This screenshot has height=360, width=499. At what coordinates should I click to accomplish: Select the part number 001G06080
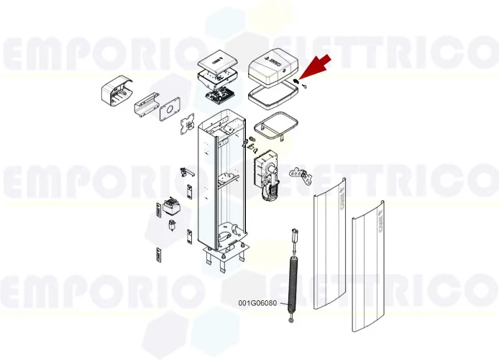pos(257,303)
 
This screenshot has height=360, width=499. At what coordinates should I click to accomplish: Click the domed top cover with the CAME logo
pos(271,71)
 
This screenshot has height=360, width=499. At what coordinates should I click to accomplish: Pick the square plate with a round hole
pos(170,109)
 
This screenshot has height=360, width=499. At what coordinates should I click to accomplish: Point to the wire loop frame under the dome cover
pos(275,125)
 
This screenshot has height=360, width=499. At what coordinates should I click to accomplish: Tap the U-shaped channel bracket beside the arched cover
pos(146,105)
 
